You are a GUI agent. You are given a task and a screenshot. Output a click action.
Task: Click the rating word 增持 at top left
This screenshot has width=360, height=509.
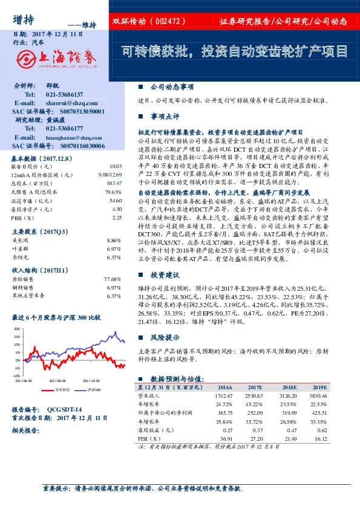click(22, 18)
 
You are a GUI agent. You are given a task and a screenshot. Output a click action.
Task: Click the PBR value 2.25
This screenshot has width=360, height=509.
click(117, 217)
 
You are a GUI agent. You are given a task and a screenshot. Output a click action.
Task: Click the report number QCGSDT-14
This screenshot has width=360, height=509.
click(64, 409)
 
